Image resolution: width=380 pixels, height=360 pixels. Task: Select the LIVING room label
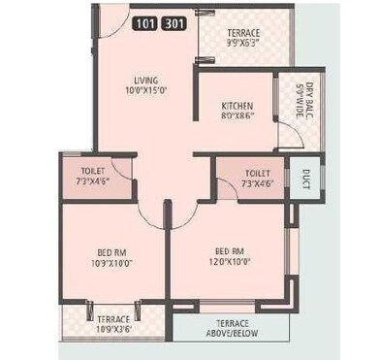point(146,82)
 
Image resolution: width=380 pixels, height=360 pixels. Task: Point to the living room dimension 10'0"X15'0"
point(146,92)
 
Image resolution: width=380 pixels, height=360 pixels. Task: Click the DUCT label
point(306,179)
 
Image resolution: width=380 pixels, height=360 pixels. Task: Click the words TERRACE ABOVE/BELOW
point(231,329)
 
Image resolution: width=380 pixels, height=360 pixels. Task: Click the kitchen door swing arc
point(285,136)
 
